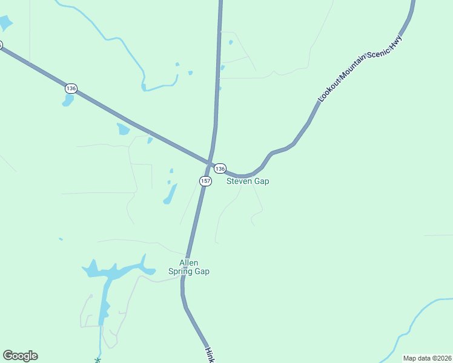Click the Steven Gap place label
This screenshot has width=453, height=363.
[x=248, y=181]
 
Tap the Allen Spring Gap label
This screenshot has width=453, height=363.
[x=194, y=267]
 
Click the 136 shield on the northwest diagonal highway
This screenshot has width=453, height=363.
[x=71, y=88]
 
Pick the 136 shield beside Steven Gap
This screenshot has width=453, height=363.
[x=220, y=168]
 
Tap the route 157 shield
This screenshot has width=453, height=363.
[x=205, y=181]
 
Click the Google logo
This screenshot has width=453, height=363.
[x=20, y=356]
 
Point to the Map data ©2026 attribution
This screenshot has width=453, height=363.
[x=427, y=358]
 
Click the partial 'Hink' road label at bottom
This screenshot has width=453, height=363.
[x=210, y=355]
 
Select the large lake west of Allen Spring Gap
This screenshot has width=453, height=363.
[x=112, y=272]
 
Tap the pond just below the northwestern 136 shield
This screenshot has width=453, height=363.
[x=68, y=100]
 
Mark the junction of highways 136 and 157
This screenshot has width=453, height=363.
[x=210, y=162]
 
